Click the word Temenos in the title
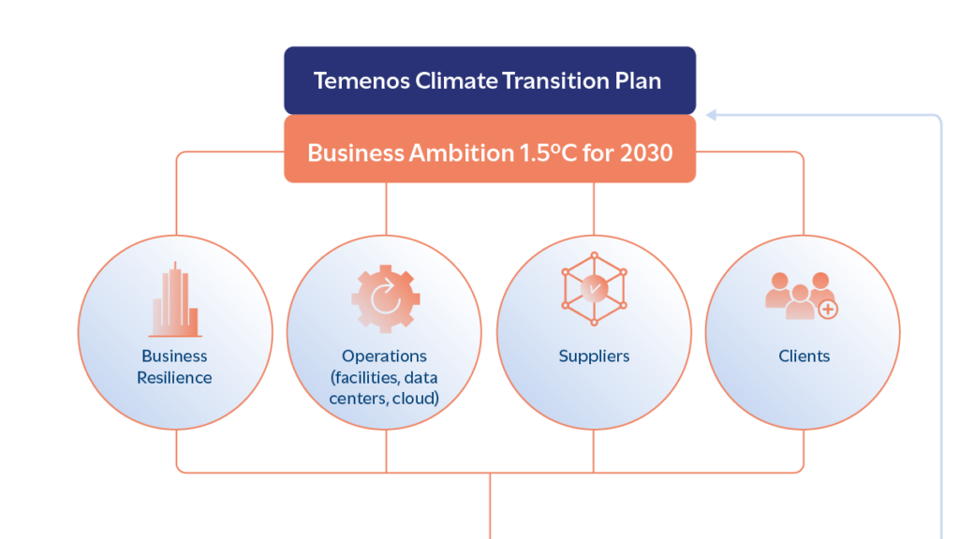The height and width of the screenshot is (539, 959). [361, 80]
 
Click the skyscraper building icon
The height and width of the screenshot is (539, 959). [175, 299]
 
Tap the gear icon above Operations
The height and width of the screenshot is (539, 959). [385, 299]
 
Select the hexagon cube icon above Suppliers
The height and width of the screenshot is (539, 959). [594, 288]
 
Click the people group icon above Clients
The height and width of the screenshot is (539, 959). [802, 296]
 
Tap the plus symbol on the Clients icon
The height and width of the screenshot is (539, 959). [828, 310]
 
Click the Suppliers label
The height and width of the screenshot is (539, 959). [594, 357]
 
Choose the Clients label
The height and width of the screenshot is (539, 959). [804, 357]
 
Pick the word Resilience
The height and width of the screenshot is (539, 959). [174, 378]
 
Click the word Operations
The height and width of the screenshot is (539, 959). [384, 357]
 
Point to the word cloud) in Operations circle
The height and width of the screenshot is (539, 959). [415, 399]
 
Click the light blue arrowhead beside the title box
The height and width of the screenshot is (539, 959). [712, 115]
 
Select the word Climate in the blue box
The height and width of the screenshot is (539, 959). [456, 80]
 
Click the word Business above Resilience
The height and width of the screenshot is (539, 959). [174, 357]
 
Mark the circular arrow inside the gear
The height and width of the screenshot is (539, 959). [386, 297]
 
